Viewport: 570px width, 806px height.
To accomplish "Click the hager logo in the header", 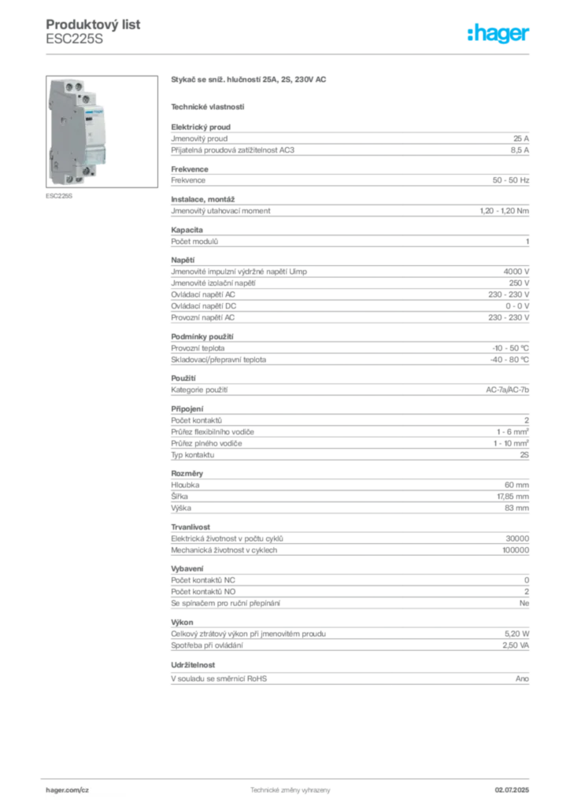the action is (498, 33).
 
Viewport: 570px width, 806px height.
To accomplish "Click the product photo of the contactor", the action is (102, 131).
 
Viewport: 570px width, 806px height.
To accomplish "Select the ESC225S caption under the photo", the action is (59, 196).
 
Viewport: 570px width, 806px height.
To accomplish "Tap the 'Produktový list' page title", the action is (93, 24).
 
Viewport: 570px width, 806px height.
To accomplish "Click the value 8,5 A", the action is (520, 150).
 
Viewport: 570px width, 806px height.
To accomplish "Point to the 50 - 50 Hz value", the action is (510, 180).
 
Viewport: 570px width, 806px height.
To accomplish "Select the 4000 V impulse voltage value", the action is (516, 272).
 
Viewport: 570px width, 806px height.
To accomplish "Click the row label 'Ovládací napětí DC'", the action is (204, 306).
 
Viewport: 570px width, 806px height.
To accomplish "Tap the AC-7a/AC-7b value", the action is (507, 390).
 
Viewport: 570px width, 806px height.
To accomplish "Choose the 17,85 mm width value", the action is (513, 497).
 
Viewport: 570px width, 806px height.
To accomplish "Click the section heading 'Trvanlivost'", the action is (191, 527).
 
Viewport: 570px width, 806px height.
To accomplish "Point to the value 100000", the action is (516, 550).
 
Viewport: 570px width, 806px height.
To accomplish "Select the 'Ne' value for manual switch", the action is (524, 603).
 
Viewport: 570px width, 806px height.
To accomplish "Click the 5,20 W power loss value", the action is (516, 634).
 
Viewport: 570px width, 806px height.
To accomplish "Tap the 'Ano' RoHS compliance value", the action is (522, 678).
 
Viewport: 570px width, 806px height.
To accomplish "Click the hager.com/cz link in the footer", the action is (68, 790).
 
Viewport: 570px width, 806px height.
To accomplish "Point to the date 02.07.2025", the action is (512, 790).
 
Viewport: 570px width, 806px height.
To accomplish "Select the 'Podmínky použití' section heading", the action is (202, 337).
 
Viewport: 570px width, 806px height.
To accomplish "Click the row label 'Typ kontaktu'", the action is (193, 455).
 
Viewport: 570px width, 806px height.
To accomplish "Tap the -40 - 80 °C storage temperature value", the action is (509, 360).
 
